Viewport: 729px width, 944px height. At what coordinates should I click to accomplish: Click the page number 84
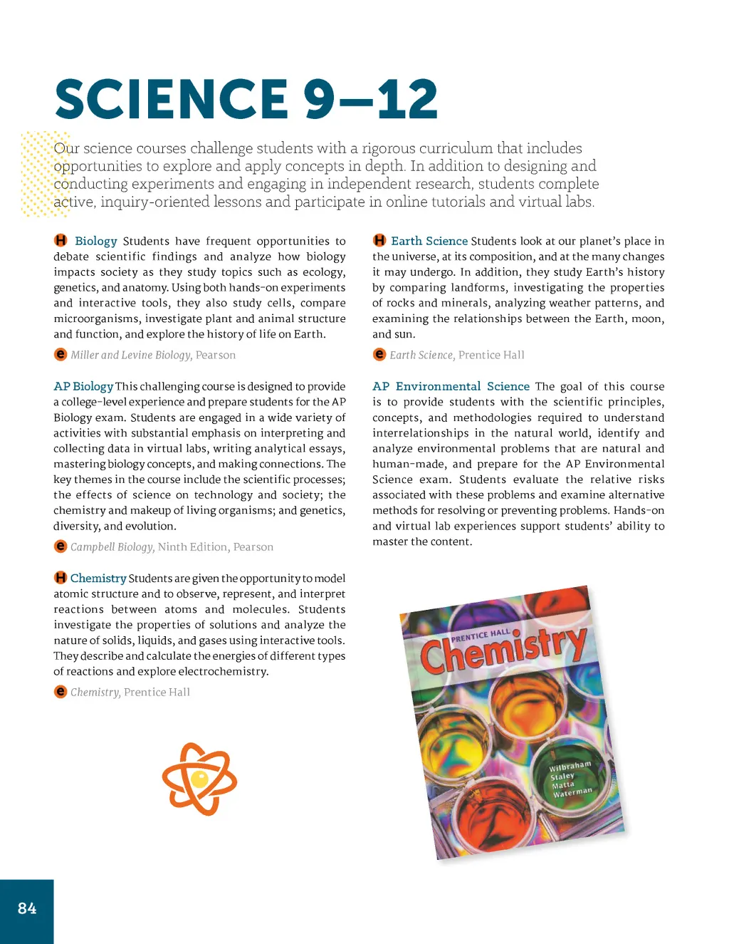pyautogui.click(x=27, y=908)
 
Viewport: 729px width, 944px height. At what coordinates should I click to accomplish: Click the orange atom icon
pyautogui.click(x=199, y=778)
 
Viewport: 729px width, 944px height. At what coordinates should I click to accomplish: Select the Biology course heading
pyautogui.click(x=95, y=241)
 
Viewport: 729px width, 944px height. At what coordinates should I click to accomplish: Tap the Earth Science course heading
pyautogui.click(x=429, y=241)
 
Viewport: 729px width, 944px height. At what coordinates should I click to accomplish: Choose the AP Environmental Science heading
pyautogui.click(x=451, y=386)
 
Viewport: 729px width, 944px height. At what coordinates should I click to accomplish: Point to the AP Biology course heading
pyautogui.click(x=83, y=386)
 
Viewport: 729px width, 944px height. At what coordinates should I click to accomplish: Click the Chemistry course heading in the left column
pyautogui.click(x=98, y=578)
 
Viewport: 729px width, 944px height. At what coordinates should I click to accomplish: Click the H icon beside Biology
pyautogui.click(x=61, y=241)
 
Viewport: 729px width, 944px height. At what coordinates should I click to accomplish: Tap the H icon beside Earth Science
pyautogui.click(x=379, y=241)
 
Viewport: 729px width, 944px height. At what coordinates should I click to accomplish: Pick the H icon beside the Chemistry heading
pyautogui.click(x=61, y=578)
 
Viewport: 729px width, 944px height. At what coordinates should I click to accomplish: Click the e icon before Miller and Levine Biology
pyautogui.click(x=61, y=355)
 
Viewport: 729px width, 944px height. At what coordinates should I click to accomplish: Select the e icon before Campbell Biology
pyautogui.click(x=61, y=546)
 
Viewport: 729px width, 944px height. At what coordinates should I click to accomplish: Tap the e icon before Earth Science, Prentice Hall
pyautogui.click(x=379, y=355)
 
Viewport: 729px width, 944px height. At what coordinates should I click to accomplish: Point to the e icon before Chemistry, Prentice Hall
pyautogui.click(x=61, y=692)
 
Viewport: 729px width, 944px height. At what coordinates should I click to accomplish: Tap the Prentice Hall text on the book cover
pyautogui.click(x=481, y=634)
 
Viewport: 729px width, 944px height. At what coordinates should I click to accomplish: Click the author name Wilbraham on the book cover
pyautogui.click(x=570, y=767)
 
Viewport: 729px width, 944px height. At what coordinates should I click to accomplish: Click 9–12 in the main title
pyautogui.click(x=370, y=100)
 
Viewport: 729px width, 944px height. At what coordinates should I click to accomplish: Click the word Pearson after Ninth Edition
pyautogui.click(x=253, y=546)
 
